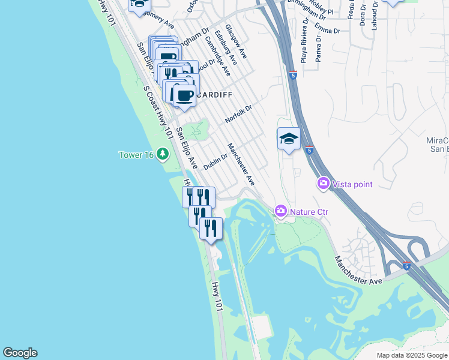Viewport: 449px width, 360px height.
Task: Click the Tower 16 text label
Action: click(x=136, y=155)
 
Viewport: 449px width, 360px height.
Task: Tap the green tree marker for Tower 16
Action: click(x=163, y=155)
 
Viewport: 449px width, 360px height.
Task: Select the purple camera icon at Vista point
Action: click(x=324, y=184)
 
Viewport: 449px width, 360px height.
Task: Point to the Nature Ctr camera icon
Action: click(x=280, y=211)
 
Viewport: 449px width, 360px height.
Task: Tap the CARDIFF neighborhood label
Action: click(x=214, y=95)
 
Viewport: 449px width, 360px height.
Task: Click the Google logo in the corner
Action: click(x=20, y=353)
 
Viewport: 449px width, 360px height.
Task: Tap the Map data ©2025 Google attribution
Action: click(x=411, y=355)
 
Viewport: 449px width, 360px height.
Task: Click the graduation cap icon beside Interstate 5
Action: click(x=289, y=139)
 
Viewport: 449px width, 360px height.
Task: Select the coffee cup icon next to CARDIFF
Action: click(x=184, y=95)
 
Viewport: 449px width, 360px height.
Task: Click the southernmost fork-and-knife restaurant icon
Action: click(x=211, y=228)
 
